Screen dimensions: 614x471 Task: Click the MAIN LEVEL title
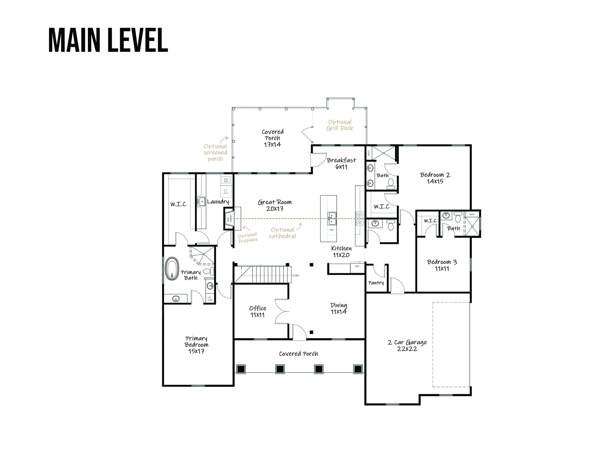pyautogui.click(x=108, y=40)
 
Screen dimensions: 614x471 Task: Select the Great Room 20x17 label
pyautogui.click(x=275, y=205)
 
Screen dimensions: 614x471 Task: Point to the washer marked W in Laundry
pyautogui.click(x=226, y=179)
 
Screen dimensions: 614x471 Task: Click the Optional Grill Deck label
pyautogui.click(x=340, y=125)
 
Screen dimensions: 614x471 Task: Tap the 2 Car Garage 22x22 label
pyautogui.click(x=407, y=345)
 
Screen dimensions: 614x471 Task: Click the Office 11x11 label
pyautogui.click(x=258, y=311)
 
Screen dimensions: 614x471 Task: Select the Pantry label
pyautogui.click(x=376, y=283)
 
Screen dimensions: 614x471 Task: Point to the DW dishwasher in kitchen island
pyautogui.click(x=332, y=230)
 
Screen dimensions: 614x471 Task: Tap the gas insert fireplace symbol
pyautogui.click(x=229, y=219)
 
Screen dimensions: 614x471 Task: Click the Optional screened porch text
pyautogui.click(x=215, y=153)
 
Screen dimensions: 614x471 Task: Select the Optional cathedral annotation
pyautogui.click(x=282, y=233)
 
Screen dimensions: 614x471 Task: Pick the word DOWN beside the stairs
pyautogui.click(x=296, y=276)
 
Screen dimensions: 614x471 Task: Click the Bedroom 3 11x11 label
pyautogui.click(x=442, y=265)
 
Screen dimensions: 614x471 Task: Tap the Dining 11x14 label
pyautogui.click(x=338, y=308)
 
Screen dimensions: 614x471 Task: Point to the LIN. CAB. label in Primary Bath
pyautogui.click(x=210, y=299)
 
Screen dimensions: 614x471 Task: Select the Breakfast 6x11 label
pyautogui.click(x=341, y=163)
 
